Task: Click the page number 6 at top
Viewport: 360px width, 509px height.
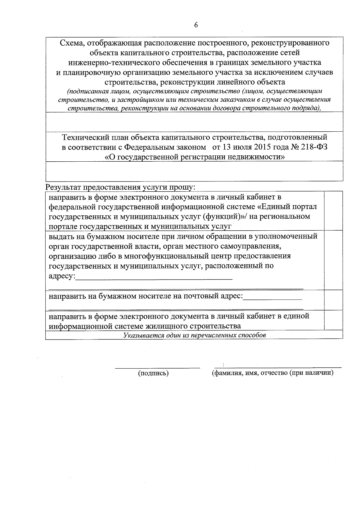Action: pos(196,25)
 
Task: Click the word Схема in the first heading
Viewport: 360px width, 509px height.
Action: pos(71,43)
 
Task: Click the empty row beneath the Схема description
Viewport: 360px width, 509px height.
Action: pos(194,121)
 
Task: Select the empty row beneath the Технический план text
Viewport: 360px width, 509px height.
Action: pos(194,171)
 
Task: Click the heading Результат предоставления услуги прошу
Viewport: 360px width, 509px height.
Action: pos(120,187)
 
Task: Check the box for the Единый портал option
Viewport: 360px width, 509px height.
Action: pos(334,211)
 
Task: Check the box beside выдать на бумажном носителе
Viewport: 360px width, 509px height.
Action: pos(334,260)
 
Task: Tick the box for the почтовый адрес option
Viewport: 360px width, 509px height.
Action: pos(334,300)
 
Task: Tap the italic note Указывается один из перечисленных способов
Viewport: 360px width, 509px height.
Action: pos(194,335)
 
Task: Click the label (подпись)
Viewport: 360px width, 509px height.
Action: pos(153,373)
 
